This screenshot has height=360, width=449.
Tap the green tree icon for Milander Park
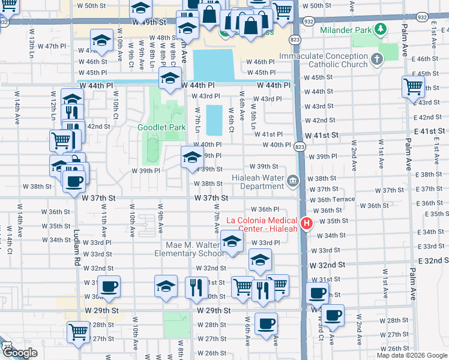(x=379, y=29)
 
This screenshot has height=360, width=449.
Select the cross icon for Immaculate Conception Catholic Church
(x=376, y=59)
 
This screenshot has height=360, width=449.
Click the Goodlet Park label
(x=161, y=127)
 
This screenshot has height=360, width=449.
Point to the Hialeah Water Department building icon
(x=292, y=181)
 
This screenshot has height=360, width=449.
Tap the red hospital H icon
(x=307, y=224)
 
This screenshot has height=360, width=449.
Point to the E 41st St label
(x=432, y=131)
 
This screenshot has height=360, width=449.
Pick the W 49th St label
(x=147, y=22)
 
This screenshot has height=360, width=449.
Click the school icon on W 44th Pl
(x=170, y=78)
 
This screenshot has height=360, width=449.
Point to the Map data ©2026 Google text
(x=412, y=355)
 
